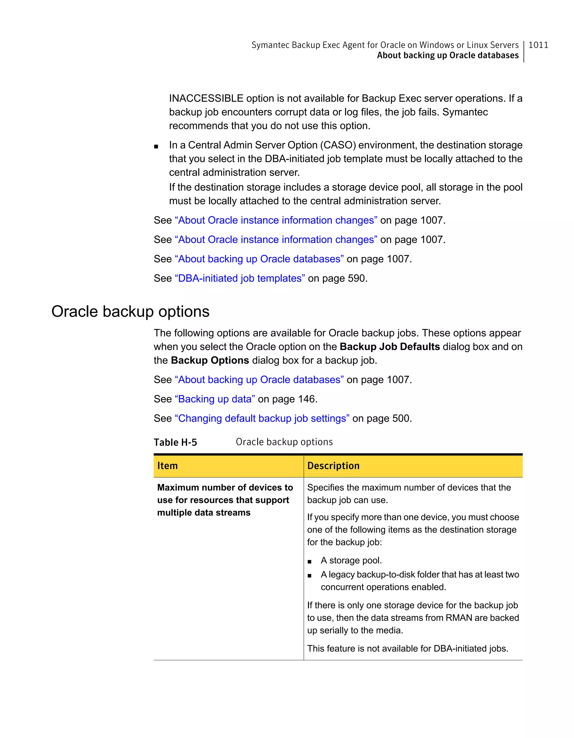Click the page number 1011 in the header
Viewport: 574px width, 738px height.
(538, 45)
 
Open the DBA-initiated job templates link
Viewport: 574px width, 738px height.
(240, 278)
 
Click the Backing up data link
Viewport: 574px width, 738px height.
(215, 399)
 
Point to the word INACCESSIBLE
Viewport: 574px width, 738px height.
(206, 98)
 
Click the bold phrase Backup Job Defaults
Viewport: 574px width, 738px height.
(390, 346)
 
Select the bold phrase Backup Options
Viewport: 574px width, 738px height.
(210, 360)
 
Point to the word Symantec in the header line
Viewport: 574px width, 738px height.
(270, 45)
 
